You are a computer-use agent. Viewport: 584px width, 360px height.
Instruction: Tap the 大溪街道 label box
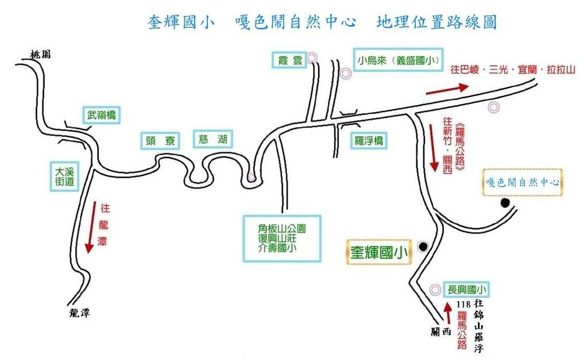point(64,176)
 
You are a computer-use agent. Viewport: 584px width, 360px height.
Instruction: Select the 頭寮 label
point(160,141)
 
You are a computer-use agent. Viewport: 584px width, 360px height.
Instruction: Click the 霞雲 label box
point(289,60)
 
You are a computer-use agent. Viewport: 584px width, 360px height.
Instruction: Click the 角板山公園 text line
point(282,229)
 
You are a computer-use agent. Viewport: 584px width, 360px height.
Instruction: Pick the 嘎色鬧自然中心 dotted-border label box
point(522,183)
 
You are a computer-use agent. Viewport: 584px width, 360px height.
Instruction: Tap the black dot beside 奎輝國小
point(423,246)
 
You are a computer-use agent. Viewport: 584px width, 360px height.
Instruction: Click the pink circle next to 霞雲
point(311,58)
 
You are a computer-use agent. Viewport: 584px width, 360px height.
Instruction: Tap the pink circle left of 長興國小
point(435,290)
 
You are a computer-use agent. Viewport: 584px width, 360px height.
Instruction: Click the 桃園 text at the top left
point(41,55)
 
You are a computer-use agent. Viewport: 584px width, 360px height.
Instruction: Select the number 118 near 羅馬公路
point(463,304)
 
